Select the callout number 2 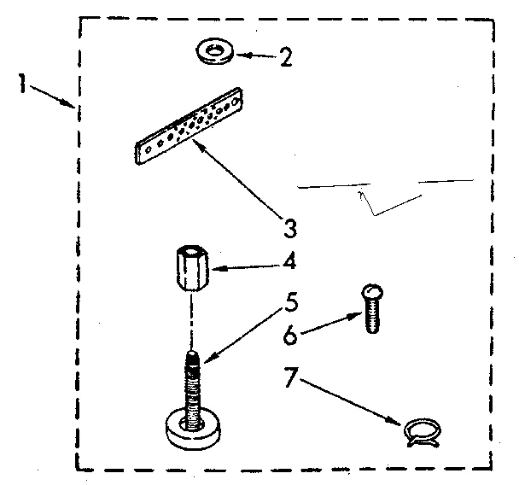pyautogui.click(x=286, y=58)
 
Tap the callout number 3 pyautogui.click(x=291, y=228)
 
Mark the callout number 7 pyautogui.click(x=292, y=376)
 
